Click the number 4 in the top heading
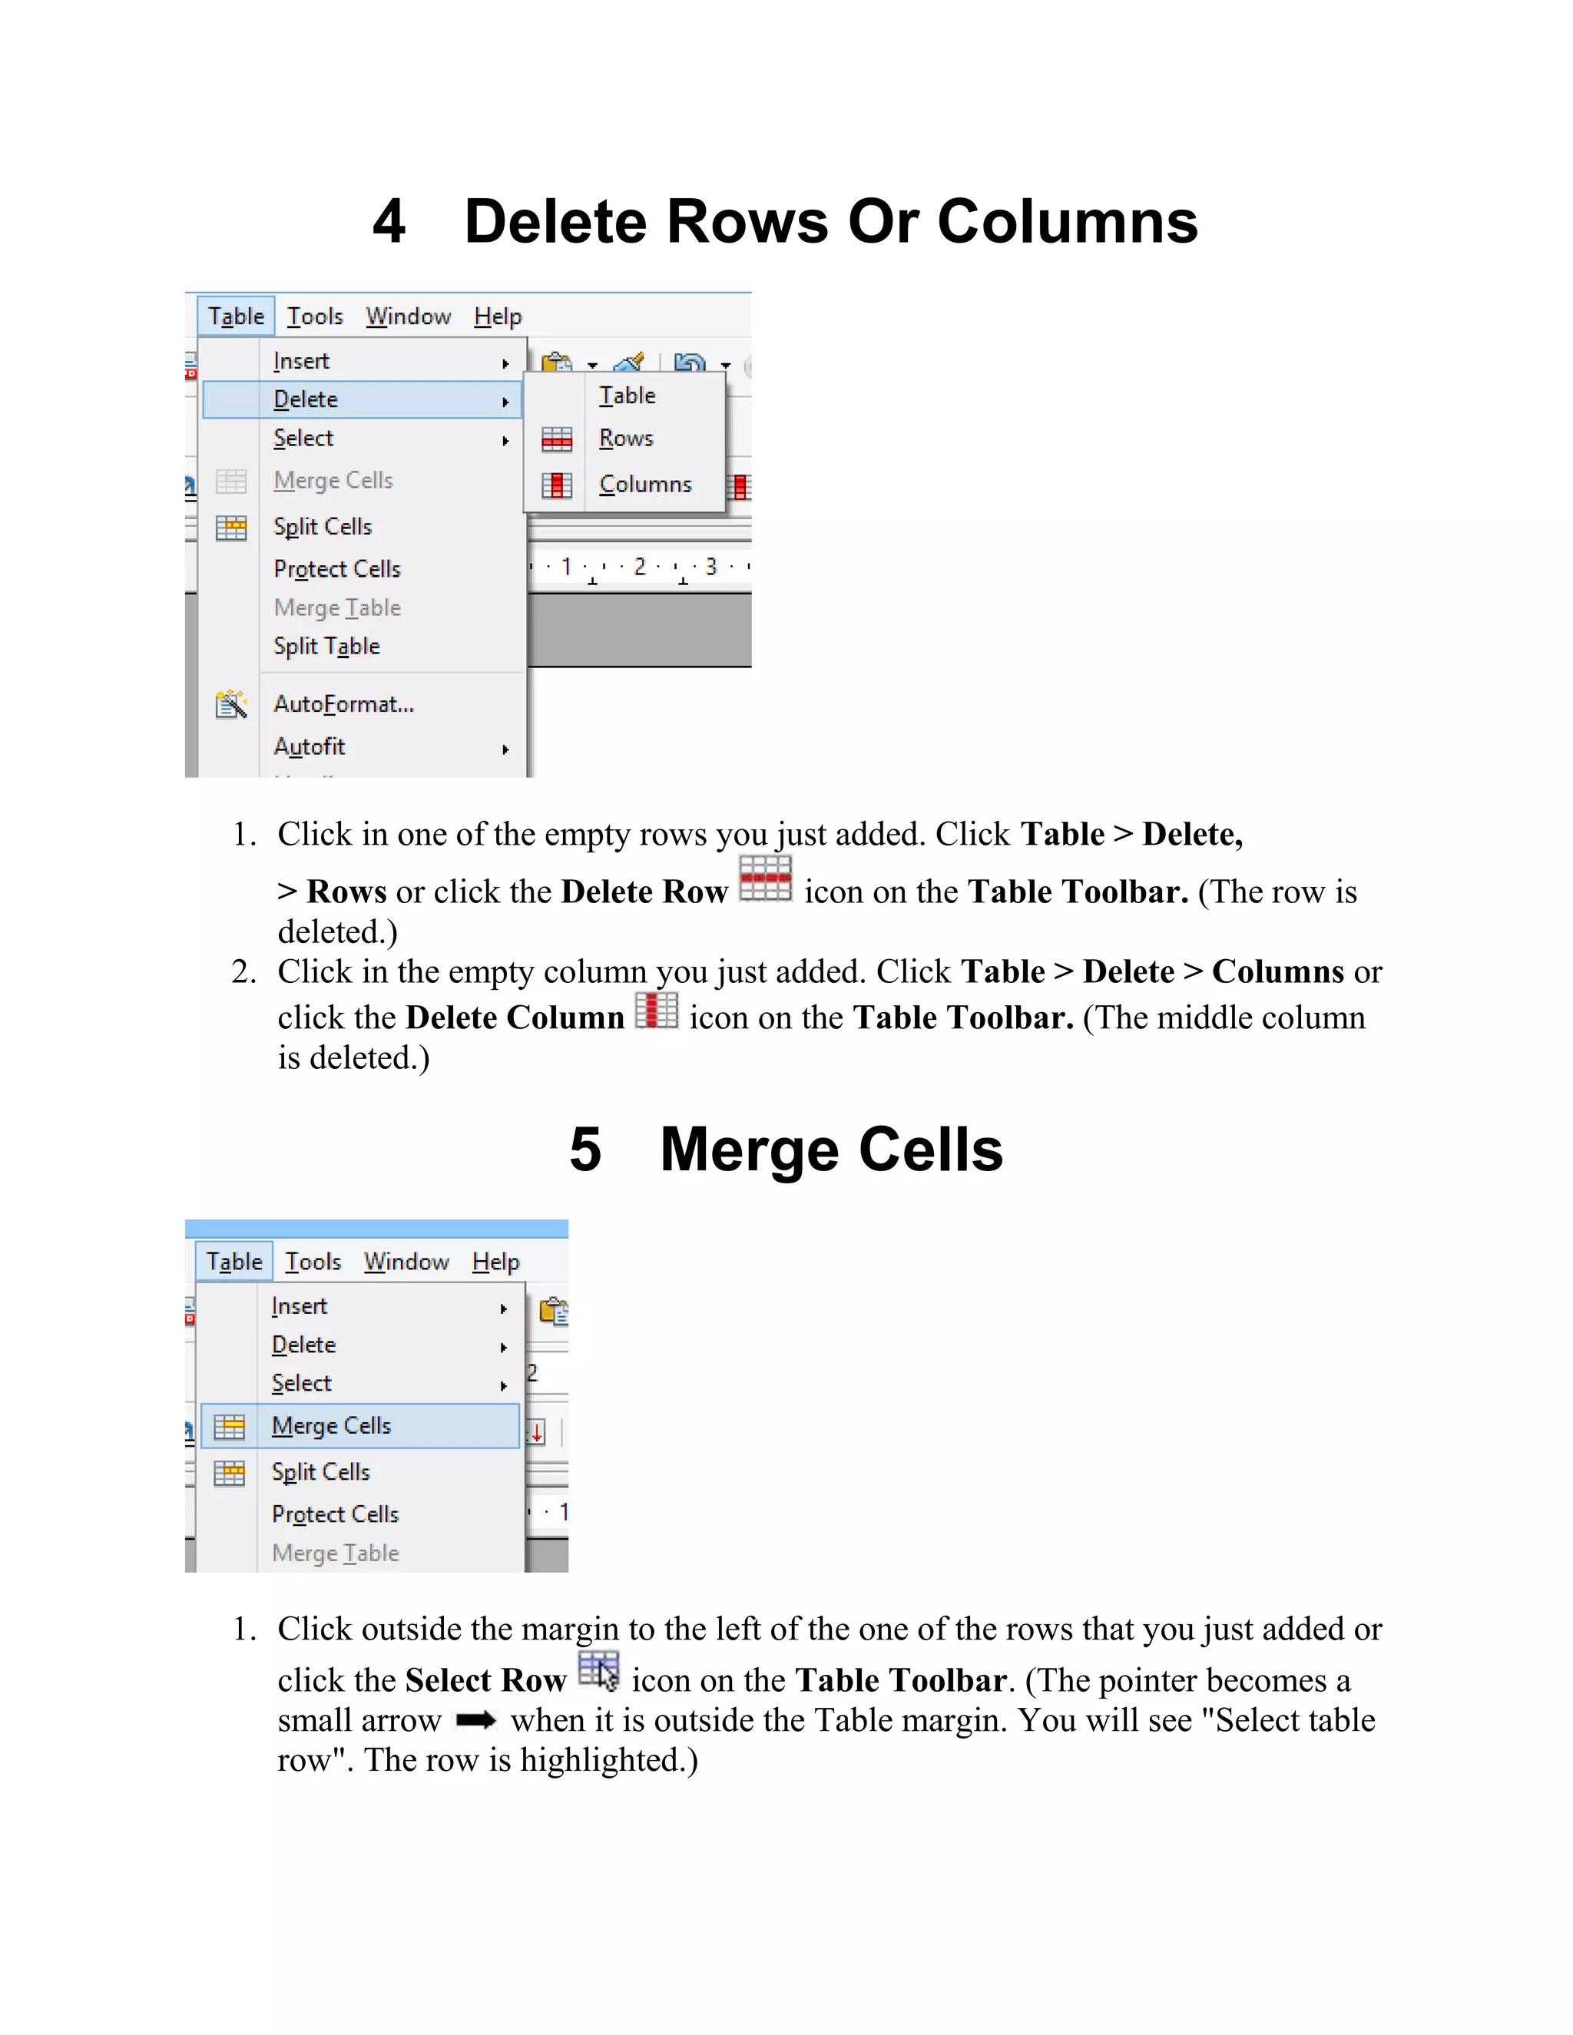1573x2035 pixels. (x=389, y=222)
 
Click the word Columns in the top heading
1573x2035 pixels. (x=1067, y=222)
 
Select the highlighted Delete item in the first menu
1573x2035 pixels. (x=306, y=400)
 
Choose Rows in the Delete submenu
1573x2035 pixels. (x=626, y=438)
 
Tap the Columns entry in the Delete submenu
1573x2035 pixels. (x=645, y=485)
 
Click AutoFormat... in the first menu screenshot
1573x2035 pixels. (x=343, y=704)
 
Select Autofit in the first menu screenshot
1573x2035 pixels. (x=310, y=746)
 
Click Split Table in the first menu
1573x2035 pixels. (x=327, y=646)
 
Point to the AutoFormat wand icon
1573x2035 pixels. (x=231, y=704)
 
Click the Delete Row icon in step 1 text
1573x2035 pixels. (x=765, y=879)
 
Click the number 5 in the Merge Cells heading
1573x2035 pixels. (x=585, y=1149)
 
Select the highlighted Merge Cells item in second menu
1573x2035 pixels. (x=332, y=1425)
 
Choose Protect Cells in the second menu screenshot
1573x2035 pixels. (x=336, y=1514)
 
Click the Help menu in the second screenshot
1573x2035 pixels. (x=495, y=1262)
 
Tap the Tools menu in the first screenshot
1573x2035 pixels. (x=315, y=317)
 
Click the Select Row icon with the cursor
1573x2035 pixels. (x=598, y=1671)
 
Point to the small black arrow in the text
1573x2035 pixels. (x=476, y=1720)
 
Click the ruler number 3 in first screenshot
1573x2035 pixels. (x=711, y=567)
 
